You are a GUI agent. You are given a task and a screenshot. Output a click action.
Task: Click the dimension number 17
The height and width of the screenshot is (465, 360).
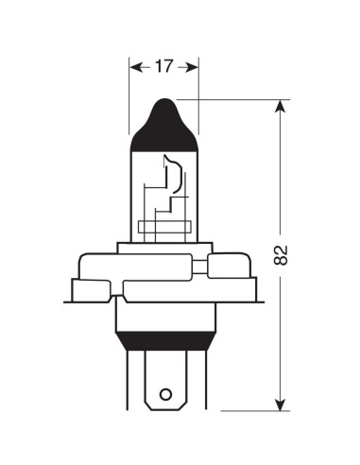(164, 66)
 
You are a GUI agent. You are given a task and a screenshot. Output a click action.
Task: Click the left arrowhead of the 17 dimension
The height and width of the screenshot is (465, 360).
(134, 66)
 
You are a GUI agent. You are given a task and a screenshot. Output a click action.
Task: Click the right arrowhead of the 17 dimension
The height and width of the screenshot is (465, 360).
(194, 66)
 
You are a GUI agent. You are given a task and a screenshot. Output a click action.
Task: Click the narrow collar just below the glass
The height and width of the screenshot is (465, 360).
(163, 247)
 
